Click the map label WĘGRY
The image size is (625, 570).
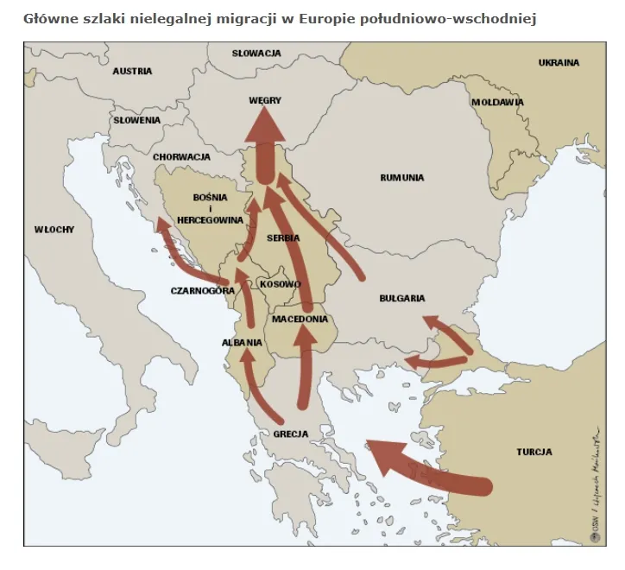coord(265,100)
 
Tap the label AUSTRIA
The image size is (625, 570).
coord(132,71)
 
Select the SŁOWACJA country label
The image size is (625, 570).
coord(256,54)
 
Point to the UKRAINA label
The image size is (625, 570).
coord(559,63)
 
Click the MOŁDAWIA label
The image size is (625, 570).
coord(498,102)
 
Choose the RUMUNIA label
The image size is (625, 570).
coord(402,178)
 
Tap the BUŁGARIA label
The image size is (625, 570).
coord(402,299)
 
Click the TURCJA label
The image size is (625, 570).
coord(534,452)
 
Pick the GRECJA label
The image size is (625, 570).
coord(290,434)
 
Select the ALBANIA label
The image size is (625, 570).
coord(242,343)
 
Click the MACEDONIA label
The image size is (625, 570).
coord(300,320)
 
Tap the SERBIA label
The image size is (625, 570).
coord(283,237)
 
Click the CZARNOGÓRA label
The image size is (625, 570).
coord(203,291)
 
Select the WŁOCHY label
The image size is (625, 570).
coord(54,230)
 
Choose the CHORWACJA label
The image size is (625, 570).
coord(182,157)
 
